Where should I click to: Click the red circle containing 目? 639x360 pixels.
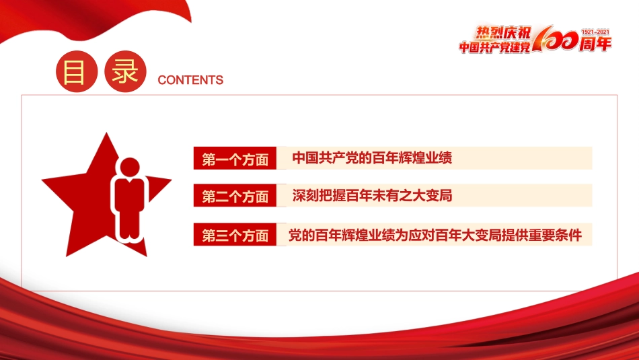click(74, 73)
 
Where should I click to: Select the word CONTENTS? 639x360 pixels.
click(190, 80)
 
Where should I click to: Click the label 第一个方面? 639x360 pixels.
click(235, 159)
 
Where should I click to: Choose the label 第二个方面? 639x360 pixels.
click(235, 196)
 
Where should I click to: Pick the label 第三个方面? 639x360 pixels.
click(235, 236)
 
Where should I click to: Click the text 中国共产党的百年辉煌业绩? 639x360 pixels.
click(372, 159)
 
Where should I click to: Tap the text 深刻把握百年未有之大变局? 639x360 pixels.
click(372, 196)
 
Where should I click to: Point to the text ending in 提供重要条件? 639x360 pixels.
click(435, 235)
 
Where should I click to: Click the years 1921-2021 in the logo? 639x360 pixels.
click(595, 32)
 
